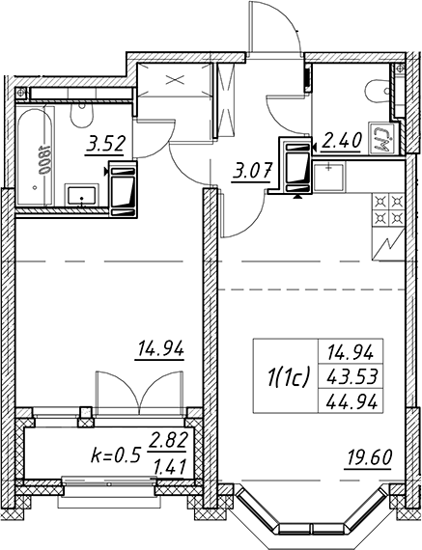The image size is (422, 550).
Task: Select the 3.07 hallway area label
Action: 251,172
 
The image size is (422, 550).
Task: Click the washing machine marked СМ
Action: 384,138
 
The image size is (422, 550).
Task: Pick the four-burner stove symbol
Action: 388,210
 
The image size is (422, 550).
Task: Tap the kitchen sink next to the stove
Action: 328,177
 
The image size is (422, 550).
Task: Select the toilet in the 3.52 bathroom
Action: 82,115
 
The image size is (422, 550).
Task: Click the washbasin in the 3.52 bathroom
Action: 82,195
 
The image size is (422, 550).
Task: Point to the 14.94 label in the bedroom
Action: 161,349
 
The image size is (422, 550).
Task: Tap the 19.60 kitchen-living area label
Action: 369,457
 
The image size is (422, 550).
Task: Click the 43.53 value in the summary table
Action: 352,377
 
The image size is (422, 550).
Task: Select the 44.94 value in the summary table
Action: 352,401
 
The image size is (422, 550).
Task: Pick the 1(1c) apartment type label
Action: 288,378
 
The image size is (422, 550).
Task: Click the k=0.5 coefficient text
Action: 116,455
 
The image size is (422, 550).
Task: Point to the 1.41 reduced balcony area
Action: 170,467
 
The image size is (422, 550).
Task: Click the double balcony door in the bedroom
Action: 139,393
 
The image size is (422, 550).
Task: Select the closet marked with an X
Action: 175,80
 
